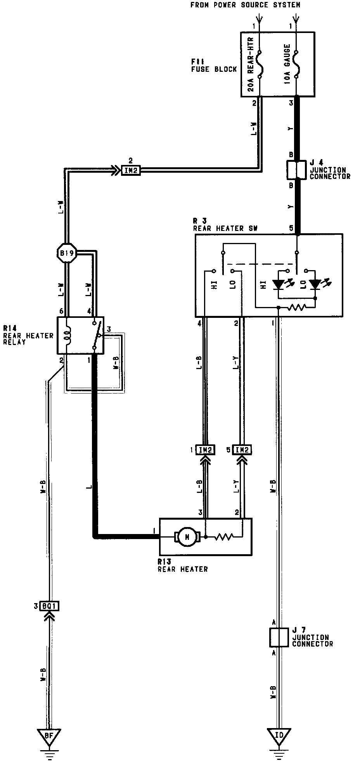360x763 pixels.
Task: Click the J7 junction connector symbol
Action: (x=279, y=637)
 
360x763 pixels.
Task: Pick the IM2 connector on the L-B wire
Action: (x=204, y=450)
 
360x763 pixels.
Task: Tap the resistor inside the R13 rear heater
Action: (x=225, y=537)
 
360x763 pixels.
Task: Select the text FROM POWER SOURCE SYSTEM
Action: (x=245, y=5)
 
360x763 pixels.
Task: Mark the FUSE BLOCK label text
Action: (x=214, y=69)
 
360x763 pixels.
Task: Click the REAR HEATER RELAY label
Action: (x=28, y=338)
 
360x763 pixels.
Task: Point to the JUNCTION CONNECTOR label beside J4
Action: (x=330, y=173)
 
